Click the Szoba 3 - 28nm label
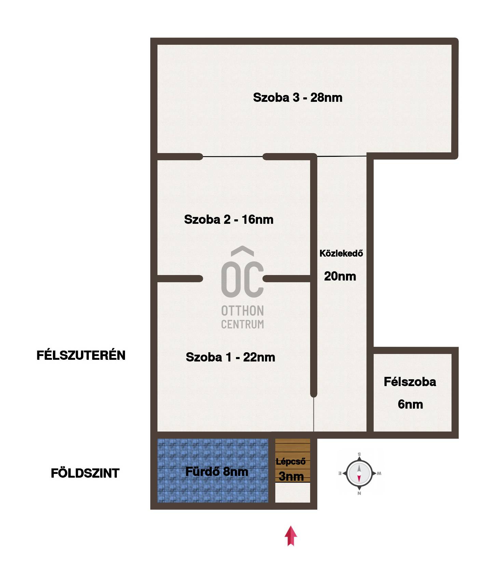(297, 98)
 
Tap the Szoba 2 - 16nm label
(228, 219)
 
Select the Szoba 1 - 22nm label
(230, 357)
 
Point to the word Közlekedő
(341, 254)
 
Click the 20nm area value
(340, 276)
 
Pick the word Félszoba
(410, 382)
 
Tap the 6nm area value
(410, 404)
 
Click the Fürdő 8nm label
(217, 472)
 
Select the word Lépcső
(291, 462)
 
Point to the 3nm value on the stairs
(291, 476)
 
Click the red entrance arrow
(291, 536)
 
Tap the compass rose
(359, 474)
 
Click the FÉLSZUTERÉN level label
(81, 355)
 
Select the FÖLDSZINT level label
(85, 473)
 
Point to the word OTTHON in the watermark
(242, 311)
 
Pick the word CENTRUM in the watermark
(242, 324)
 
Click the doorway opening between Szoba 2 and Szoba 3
(233, 157)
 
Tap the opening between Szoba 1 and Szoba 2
(233, 279)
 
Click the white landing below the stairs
(293, 492)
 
